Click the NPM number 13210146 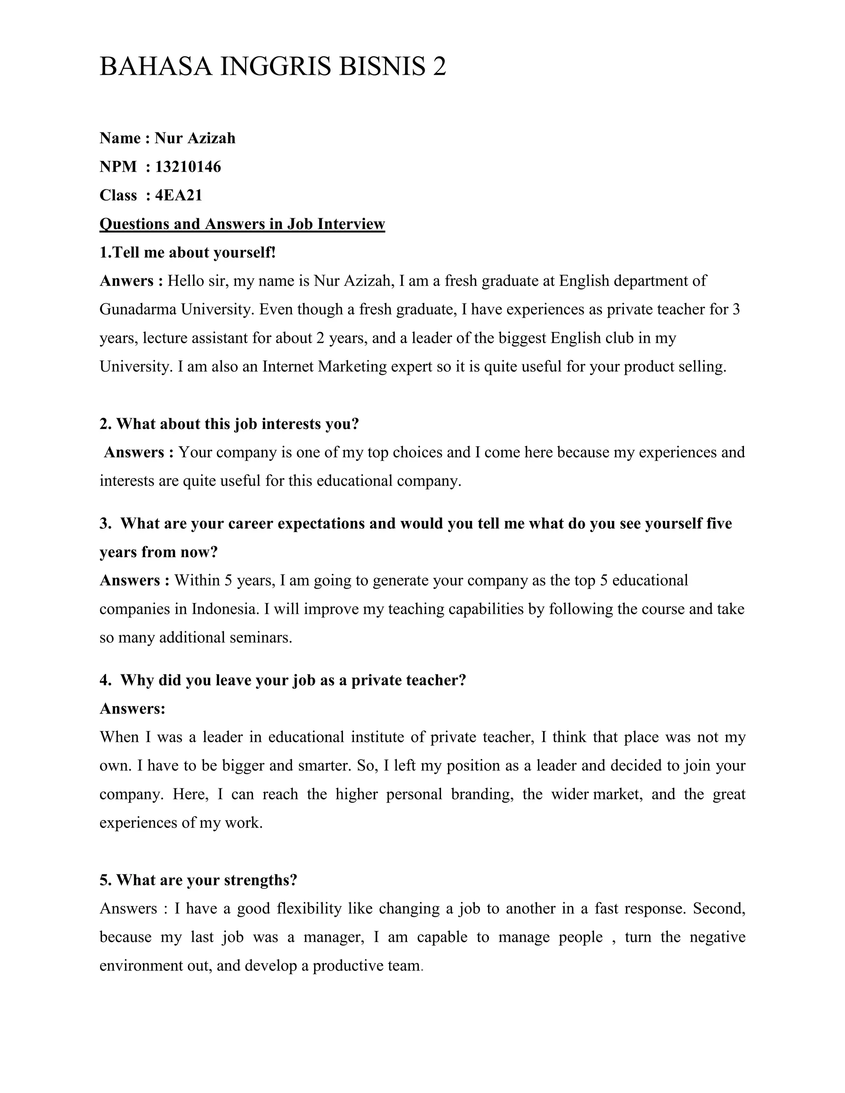[x=188, y=167]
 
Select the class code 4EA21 [x=179, y=195]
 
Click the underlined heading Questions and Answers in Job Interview [x=242, y=224]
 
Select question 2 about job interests [x=229, y=424]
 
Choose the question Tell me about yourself [x=188, y=252]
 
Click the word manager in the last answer [x=333, y=937]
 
